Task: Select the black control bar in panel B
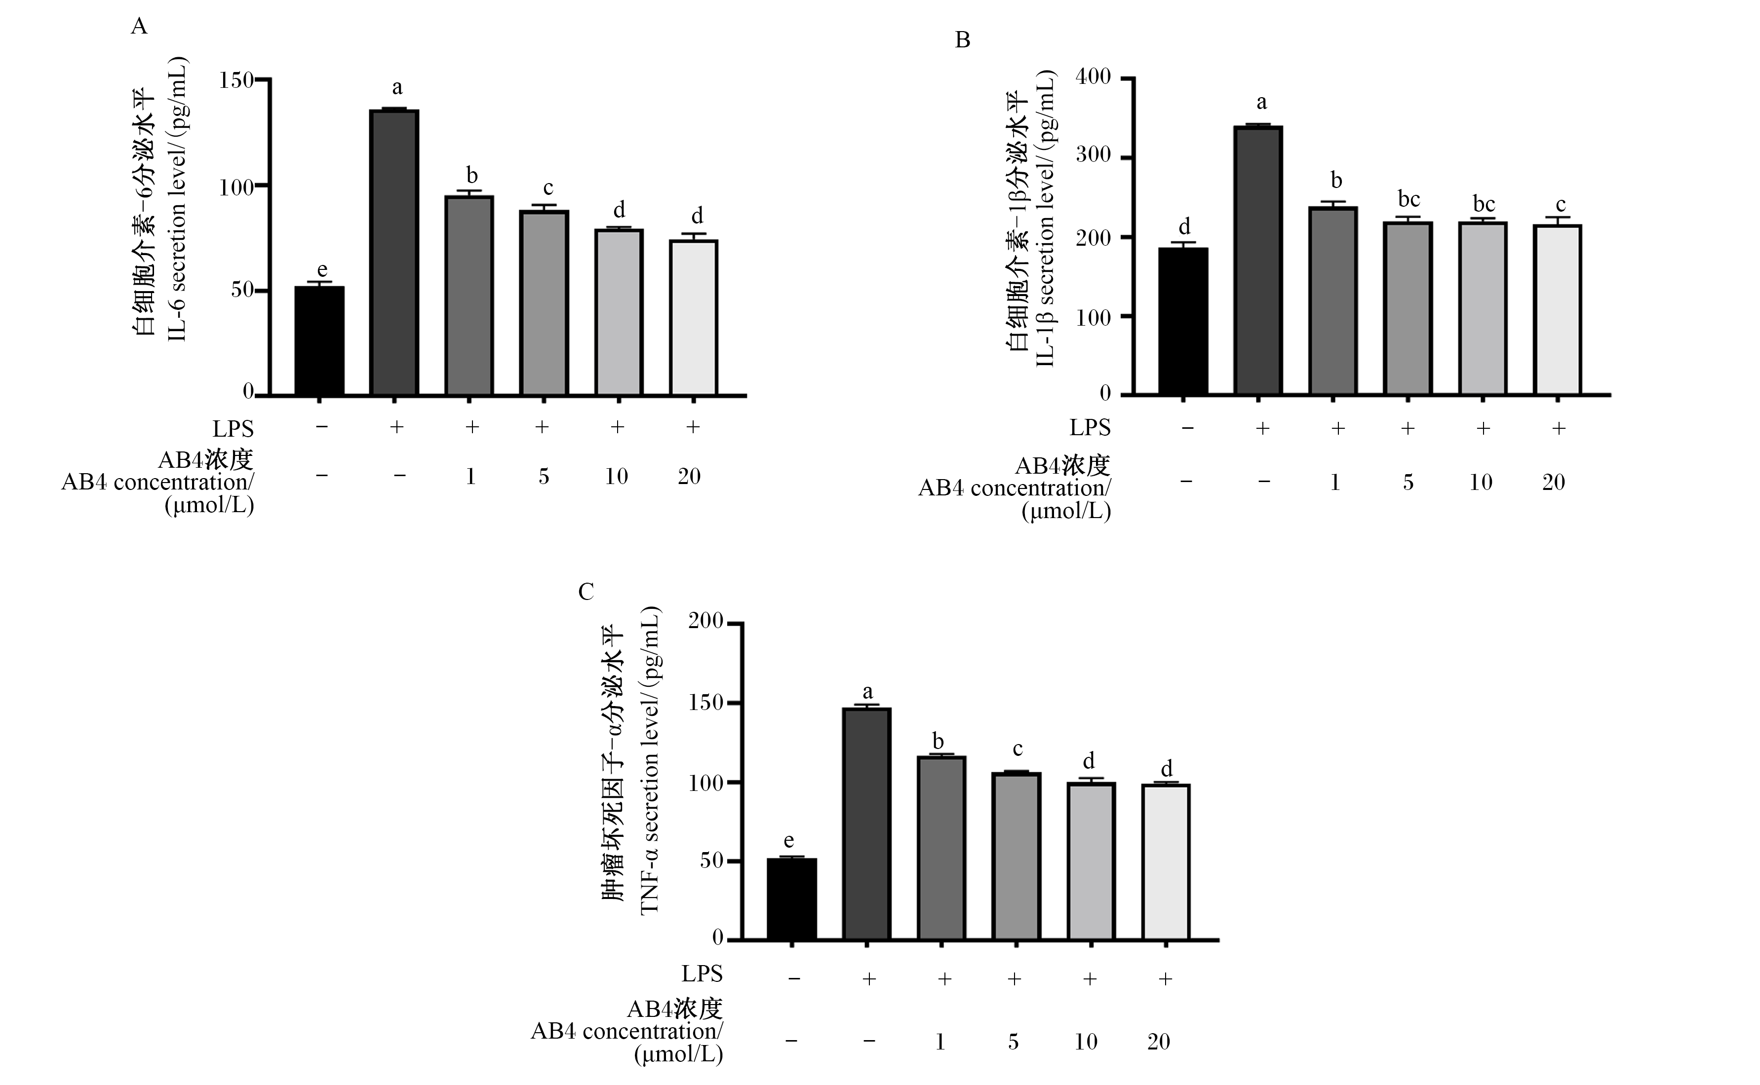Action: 1184,322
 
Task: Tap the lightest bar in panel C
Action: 1166,862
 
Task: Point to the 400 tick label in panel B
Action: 1093,77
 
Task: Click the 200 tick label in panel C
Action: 706,621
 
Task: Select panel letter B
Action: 963,40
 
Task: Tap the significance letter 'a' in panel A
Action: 397,88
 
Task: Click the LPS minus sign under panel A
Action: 321,427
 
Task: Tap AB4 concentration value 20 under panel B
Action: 1553,482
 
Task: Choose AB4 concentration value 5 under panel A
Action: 544,477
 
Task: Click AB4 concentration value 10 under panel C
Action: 1085,1041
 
